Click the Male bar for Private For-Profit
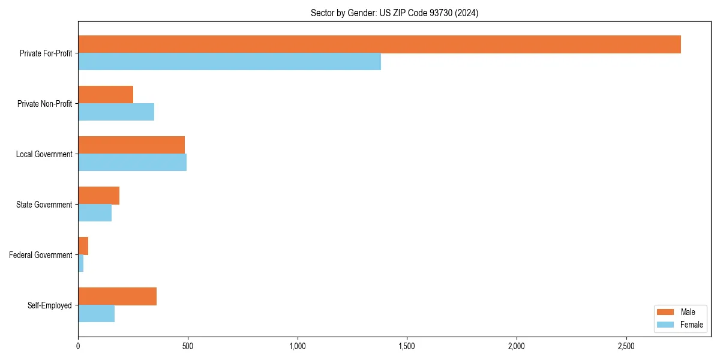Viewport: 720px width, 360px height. tap(379, 44)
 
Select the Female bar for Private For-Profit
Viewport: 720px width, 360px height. tap(229, 62)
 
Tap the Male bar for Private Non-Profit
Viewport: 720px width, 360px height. tap(106, 95)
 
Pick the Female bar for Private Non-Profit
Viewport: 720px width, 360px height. tap(116, 112)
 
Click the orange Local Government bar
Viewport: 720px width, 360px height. tap(131, 145)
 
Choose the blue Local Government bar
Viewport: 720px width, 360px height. tap(132, 163)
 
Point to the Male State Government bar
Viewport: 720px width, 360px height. tap(98, 196)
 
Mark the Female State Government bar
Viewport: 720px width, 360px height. tap(95, 213)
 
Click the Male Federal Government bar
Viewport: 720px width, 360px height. tap(83, 246)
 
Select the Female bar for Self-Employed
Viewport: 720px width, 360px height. tap(96, 314)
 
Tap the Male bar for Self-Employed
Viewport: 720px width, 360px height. tap(117, 296)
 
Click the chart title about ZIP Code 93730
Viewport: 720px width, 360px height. tap(394, 13)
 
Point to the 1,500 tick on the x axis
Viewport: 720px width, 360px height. tap(407, 346)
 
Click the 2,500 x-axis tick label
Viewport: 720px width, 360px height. tap(626, 346)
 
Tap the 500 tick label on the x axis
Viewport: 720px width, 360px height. tap(188, 346)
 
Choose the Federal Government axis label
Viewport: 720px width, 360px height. tap(41, 255)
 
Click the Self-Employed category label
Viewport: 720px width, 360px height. tap(50, 305)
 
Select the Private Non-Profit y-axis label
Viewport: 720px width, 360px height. tap(44, 104)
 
